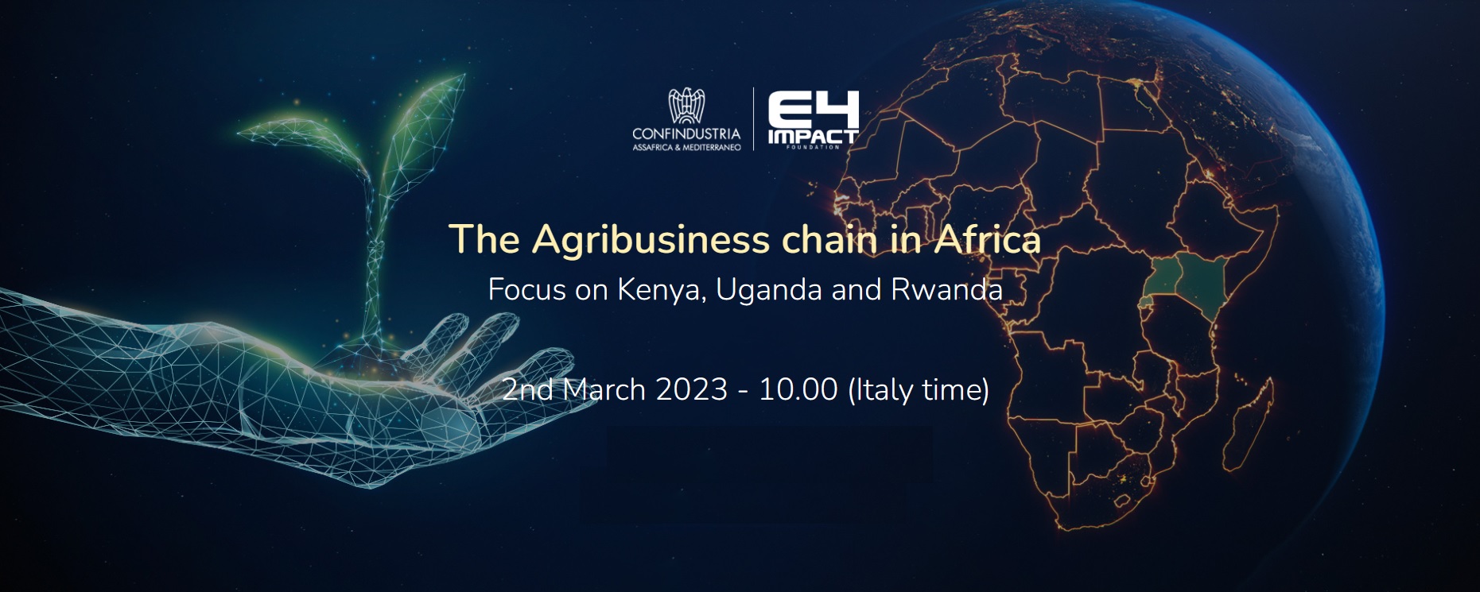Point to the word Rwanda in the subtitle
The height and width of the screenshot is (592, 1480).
click(x=946, y=289)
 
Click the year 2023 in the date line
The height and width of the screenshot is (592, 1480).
click(x=691, y=390)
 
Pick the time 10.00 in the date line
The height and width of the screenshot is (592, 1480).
click(x=798, y=390)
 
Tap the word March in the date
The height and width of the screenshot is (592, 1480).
click(x=604, y=390)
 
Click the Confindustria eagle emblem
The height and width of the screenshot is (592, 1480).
click(x=686, y=106)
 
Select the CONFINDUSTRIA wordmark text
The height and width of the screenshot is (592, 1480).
click(x=686, y=133)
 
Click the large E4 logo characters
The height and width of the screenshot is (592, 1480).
click(x=813, y=109)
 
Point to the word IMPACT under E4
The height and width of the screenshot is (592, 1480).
click(x=813, y=137)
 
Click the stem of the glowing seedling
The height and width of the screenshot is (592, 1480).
click(x=374, y=262)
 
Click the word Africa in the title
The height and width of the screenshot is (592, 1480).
click(x=987, y=238)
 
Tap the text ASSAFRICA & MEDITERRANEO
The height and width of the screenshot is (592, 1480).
click(x=686, y=148)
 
